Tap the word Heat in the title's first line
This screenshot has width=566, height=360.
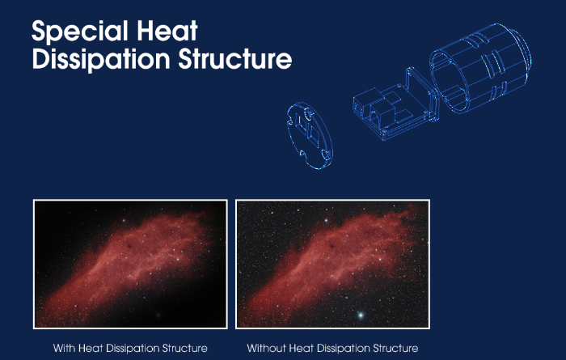point(167,30)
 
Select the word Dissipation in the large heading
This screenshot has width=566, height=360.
point(101,59)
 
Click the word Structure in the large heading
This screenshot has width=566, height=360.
point(235,59)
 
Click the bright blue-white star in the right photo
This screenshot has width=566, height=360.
point(361,316)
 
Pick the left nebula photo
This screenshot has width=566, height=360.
point(130,264)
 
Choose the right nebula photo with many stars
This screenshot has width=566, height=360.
point(332,264)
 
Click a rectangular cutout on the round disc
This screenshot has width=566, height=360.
point(300,123)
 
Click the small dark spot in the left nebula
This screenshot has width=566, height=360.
point(129,246)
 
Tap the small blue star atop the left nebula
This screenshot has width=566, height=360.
point(124,220)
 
